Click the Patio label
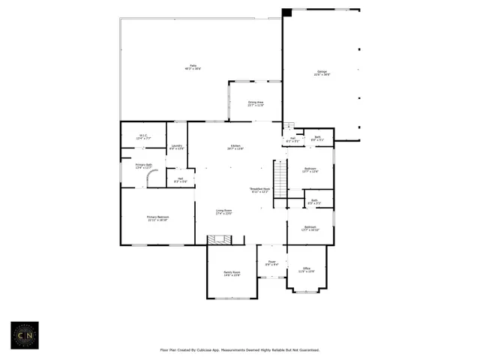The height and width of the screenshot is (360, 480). [x=193, y=67]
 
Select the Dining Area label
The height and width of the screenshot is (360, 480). [x=256, y=103]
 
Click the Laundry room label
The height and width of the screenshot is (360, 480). [x=176, y=147]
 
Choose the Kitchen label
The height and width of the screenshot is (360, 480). [x=235, y=147]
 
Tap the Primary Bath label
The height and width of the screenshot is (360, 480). [x=144, y=166]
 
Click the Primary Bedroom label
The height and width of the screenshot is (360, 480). [x=157, y=218]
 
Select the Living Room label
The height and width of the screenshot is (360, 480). [x=224, y=212]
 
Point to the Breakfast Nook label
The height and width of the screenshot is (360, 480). [x=259, y=190]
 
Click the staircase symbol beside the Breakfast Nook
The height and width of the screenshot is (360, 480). [x=280, y=179]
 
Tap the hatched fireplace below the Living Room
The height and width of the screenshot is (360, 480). [x=220, y=239]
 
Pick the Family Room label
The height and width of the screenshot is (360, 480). [x=232, y=273]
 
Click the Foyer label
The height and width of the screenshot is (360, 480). [x=271, y=263]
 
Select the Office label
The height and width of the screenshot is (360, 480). [x=306, y=269]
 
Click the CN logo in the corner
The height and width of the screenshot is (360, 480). [x=25, y=335]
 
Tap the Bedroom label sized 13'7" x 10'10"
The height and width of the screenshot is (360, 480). [x=310, y=228]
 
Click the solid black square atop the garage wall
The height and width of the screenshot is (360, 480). [x=287, y=13]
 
